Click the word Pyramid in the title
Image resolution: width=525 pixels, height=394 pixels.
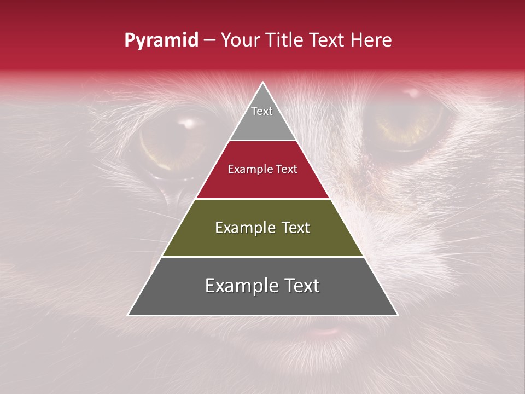tap(161, 40)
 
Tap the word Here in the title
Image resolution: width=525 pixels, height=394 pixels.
tap(371, 40)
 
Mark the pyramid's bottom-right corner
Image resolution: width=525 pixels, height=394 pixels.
tap(397, 315)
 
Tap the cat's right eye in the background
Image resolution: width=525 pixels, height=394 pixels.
tap(407, 123)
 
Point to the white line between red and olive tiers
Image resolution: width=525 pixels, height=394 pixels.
tap(262, 199)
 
